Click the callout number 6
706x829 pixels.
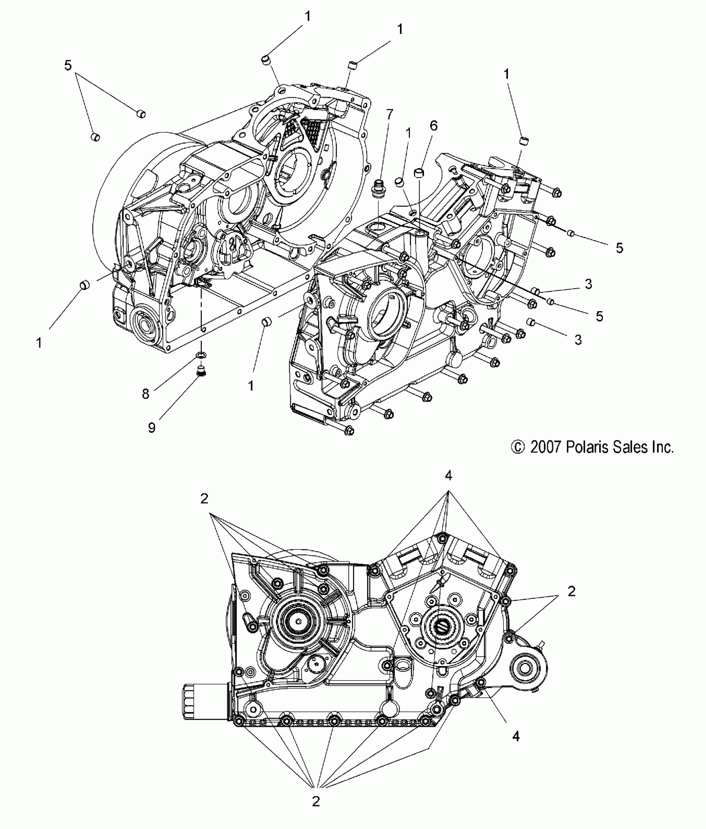434,126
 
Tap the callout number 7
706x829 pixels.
389,115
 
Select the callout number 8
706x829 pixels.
145,394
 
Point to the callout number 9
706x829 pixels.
152,428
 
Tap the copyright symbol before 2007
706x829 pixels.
517,448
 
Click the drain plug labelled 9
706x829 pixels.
202,371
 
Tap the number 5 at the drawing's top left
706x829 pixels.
68,65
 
